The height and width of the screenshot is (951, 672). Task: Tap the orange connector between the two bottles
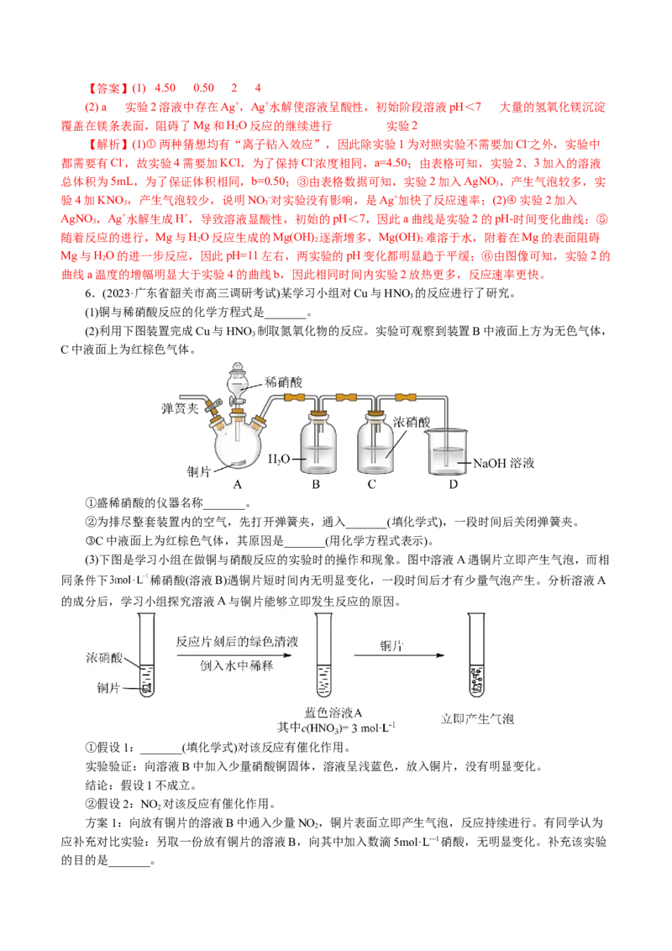pos(347,396)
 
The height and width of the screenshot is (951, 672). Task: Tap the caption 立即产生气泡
pos(477,719)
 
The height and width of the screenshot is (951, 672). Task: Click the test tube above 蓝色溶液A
pos(323,659)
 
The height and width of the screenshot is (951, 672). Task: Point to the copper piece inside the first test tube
pos(146,688)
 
